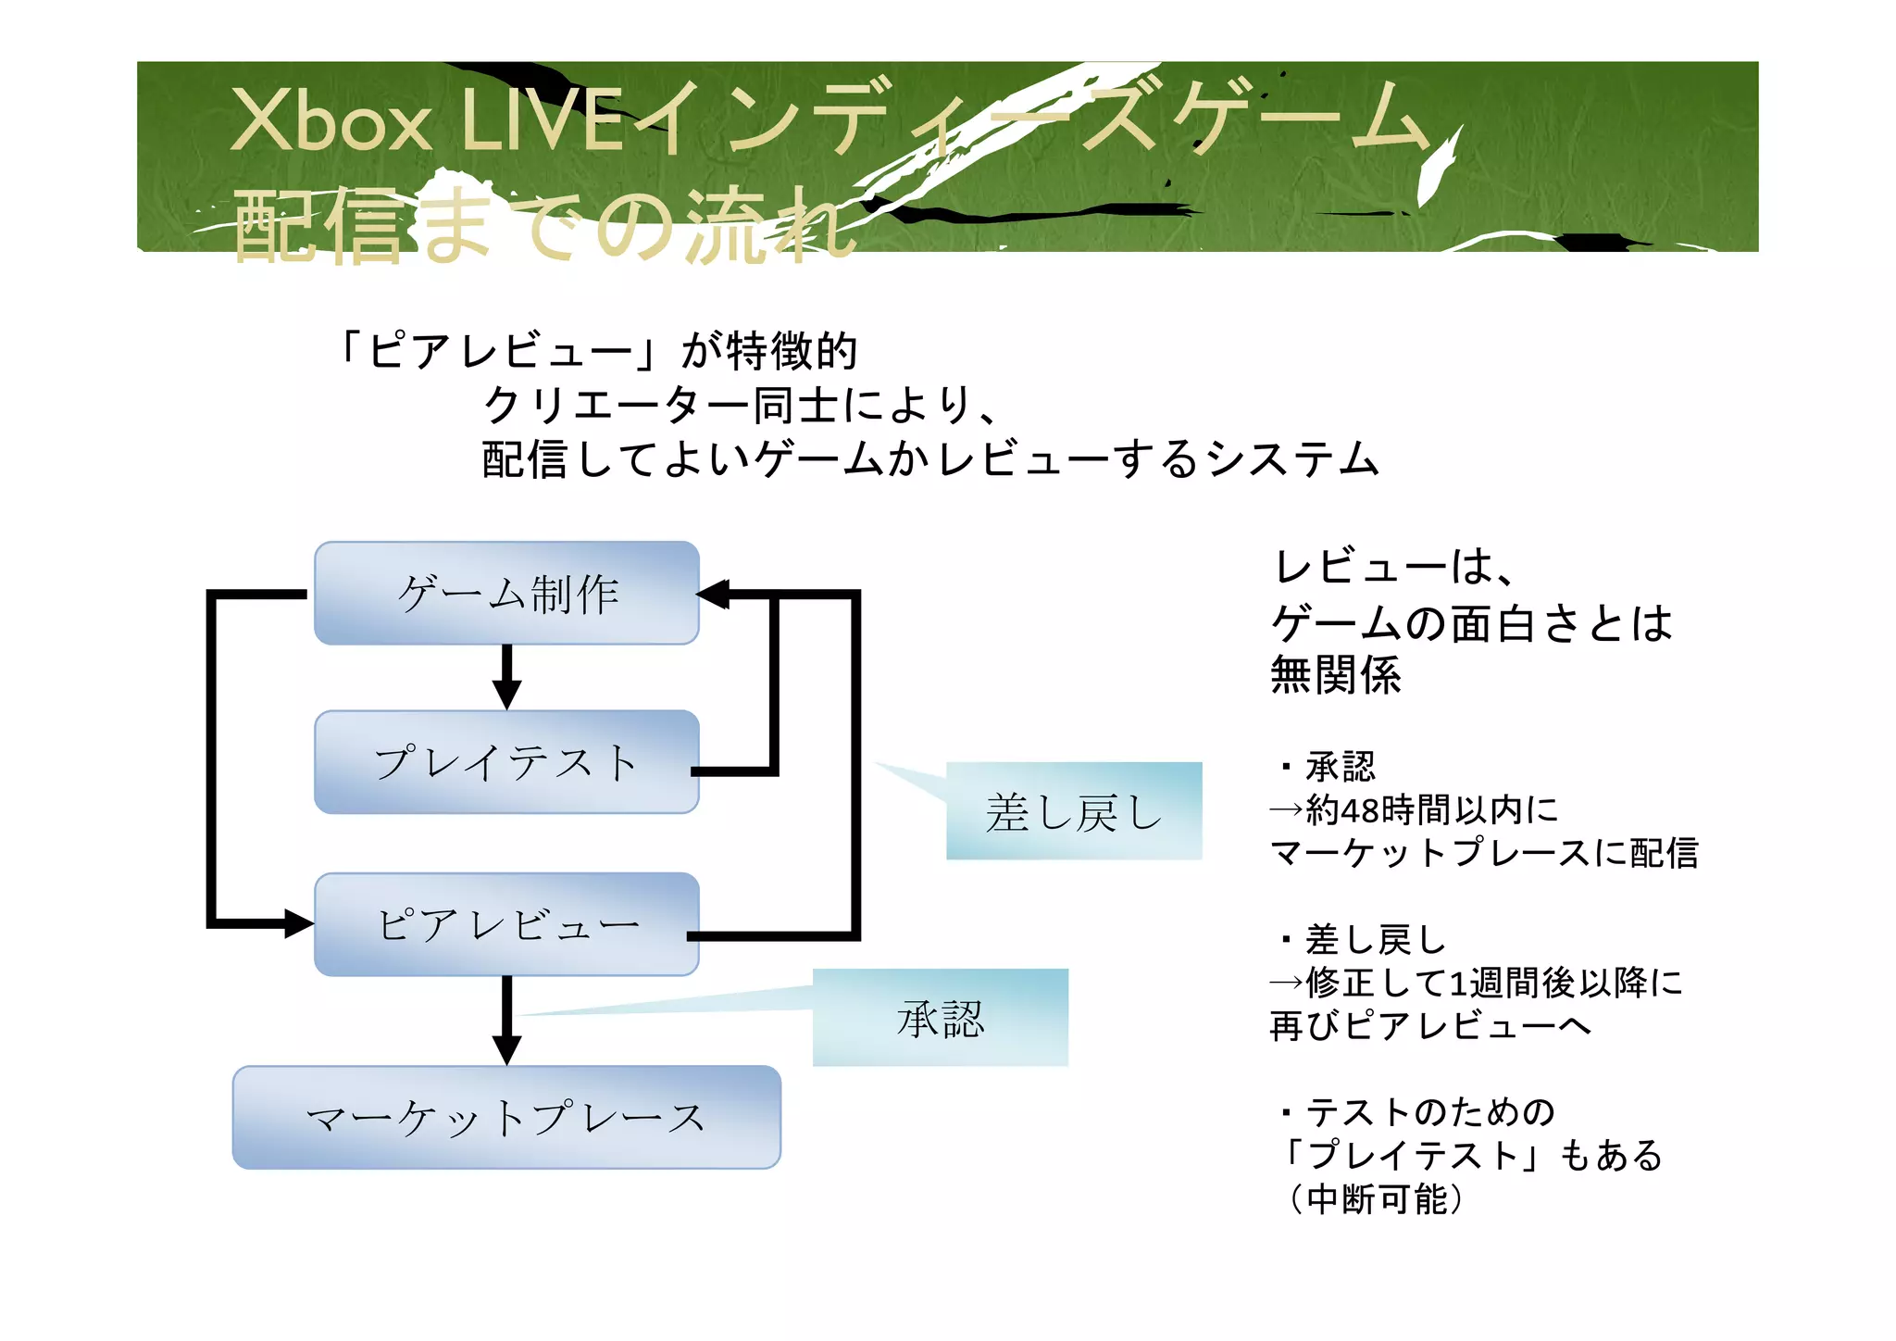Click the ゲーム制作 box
pos(506,593)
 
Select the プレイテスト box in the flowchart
pos(506,762)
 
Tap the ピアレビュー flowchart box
pos(506,924)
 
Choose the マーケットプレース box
pos(506,1117)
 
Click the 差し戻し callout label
pos(1074,812)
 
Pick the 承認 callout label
pos(940,1018)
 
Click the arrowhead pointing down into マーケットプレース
pos(506,1049)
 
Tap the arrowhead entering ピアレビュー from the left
pos(298,923)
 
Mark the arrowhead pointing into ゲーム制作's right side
pos(714,595)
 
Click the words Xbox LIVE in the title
pos(426,120)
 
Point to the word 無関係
pos(1335,674)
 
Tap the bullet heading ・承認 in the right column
pos(1326,767)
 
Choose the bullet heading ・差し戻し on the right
pos(1361,939)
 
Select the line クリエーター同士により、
pos(741,405)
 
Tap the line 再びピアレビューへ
pos(1430,1025)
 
